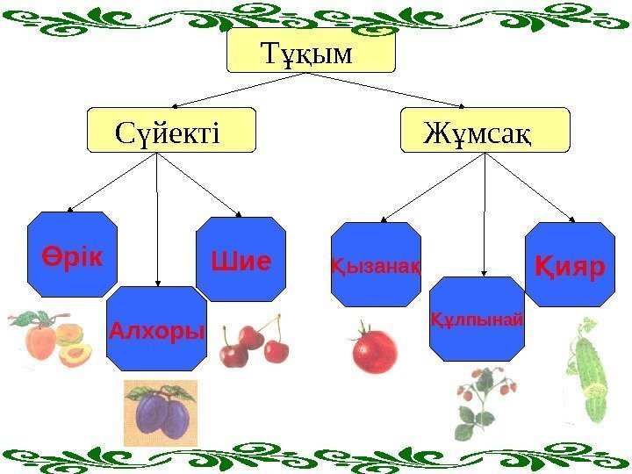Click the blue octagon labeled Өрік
tap(72, 255)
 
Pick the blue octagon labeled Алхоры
tap(156, 328)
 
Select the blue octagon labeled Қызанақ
tap(376, 264)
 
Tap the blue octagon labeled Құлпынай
tap(478, 319)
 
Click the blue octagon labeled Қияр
tap(571, 264)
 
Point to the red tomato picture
tap(374, 349)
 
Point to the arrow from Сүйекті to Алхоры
tap(156, 219)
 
